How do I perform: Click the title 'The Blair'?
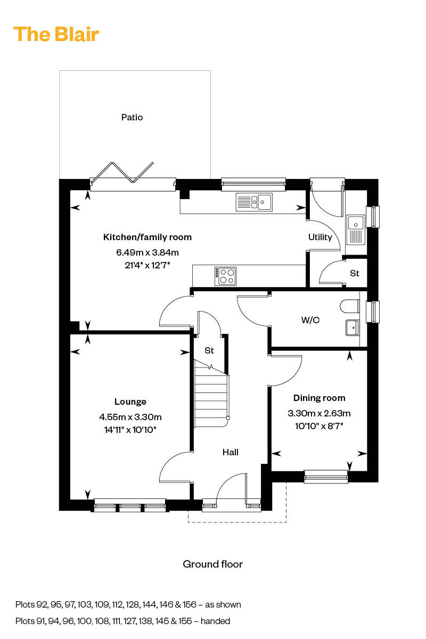[56, 34]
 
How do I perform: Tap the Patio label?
[132, 117]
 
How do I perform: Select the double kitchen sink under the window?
[254, 202]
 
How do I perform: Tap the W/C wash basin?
[352, 327]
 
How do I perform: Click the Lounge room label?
[130, 402]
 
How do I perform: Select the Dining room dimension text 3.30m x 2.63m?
[319, 413]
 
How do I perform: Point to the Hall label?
[230, 452]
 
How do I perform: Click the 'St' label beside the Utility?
[355, 273]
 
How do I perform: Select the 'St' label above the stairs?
[209, 351]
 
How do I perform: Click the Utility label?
[320, 237]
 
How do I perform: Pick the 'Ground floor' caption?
[212, 564]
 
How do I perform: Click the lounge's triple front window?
[130, 505]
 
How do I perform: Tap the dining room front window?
[325, 476]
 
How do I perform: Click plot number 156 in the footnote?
[189, 604]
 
